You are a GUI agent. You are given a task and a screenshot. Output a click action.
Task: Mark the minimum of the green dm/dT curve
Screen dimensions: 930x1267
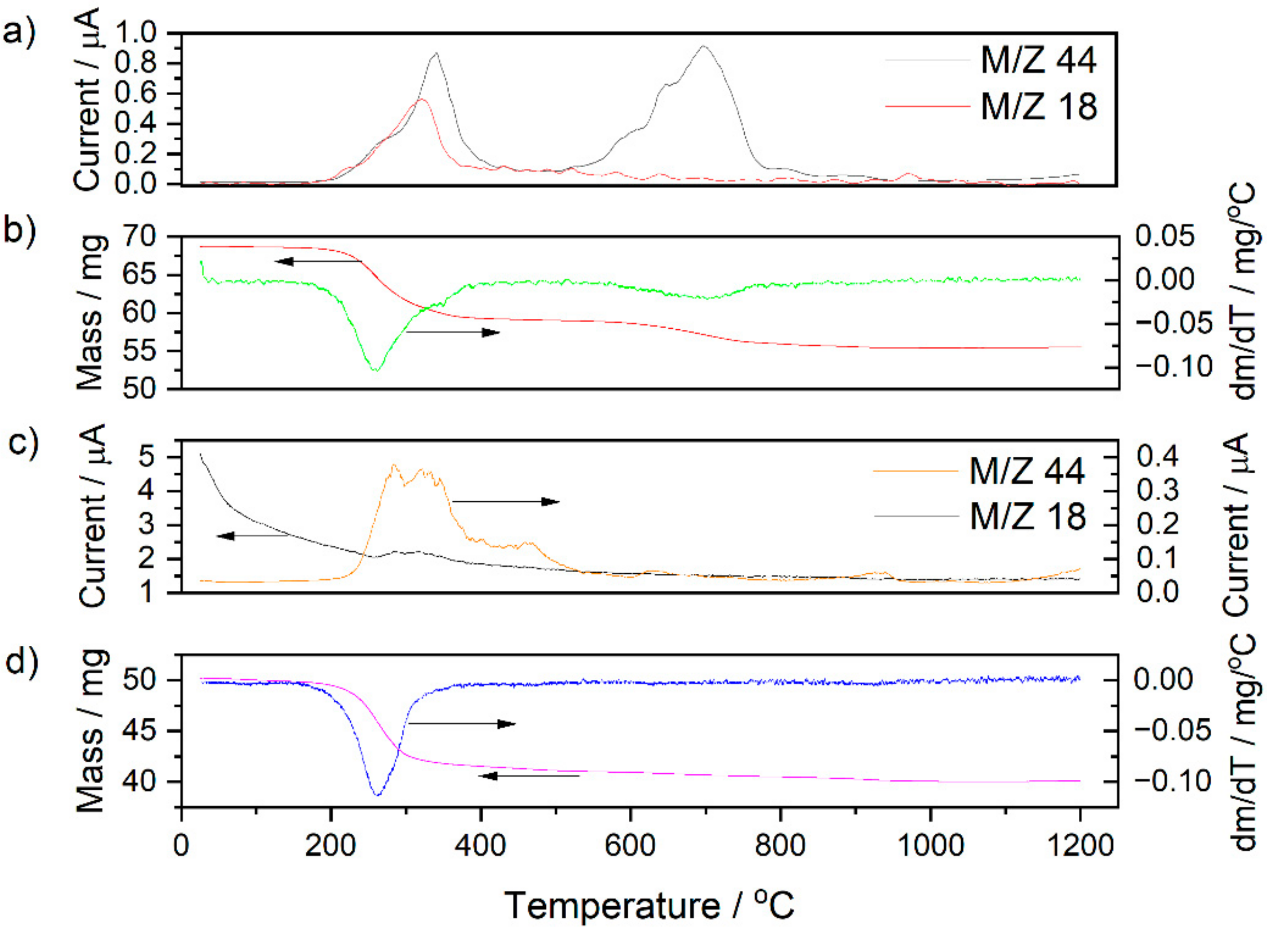[x=375, y=370]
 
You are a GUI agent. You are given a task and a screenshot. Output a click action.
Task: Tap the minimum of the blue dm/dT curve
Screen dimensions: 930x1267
[x=377, y=795]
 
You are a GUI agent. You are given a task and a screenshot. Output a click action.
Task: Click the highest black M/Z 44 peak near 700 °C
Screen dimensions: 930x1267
[x=702, y=47]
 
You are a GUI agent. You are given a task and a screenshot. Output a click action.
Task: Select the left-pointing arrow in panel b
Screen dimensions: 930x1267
[x=318, y=261]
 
